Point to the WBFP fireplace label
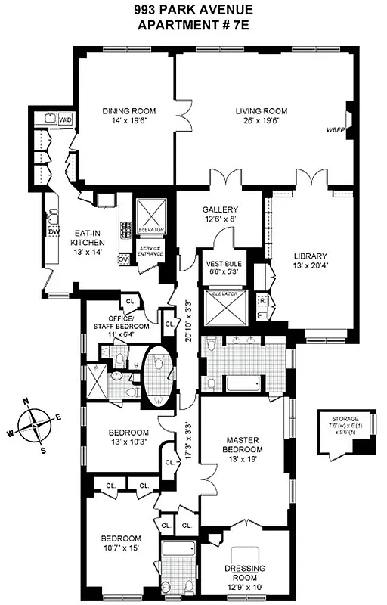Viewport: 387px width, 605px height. point(335,129)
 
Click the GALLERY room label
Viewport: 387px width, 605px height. point(220,209)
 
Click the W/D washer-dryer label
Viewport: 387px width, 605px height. point(66,119)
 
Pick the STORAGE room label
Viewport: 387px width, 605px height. point(344,418)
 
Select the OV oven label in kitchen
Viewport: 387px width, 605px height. point(122,259)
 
